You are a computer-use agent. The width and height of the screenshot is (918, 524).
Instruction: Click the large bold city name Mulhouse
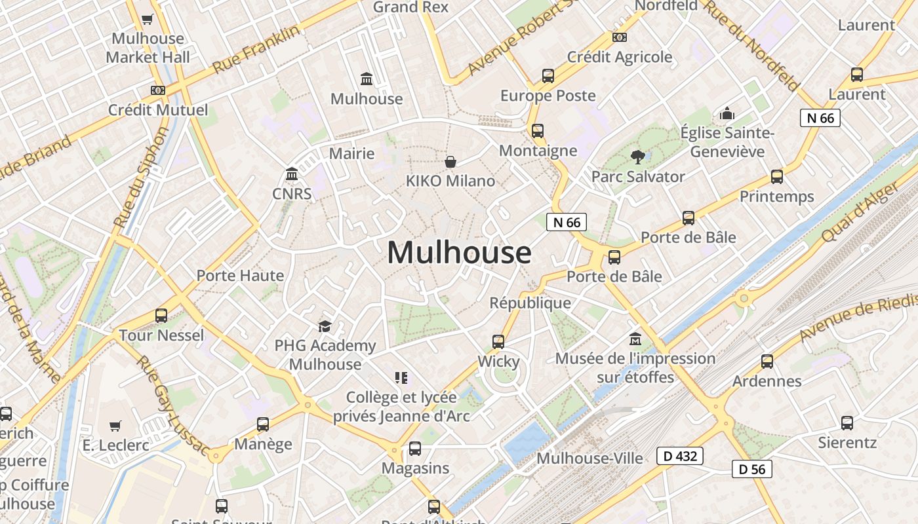point(459,252)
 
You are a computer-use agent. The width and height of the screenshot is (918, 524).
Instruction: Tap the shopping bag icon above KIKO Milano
point(450,161)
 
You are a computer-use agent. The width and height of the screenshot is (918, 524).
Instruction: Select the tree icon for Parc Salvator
point(637,157)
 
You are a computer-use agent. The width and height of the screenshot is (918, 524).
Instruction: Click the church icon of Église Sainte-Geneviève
point(727,114)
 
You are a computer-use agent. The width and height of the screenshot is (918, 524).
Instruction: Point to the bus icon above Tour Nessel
point(161,316)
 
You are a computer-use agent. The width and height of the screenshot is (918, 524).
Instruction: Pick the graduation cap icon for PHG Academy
point(325,326)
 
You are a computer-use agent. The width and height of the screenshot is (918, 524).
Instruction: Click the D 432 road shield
point(680,456)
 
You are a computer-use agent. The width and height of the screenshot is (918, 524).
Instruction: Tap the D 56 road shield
point(752,469)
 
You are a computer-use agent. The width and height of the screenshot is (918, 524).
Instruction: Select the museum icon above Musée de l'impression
point(635,339)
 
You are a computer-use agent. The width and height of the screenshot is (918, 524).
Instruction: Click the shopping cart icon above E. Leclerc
point(115,426)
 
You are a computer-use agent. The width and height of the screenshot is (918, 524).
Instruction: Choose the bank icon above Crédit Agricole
point(619,37)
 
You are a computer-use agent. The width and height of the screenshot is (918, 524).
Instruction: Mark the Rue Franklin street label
point(256,49)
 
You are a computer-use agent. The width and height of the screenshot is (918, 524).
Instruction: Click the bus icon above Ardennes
point(767,361)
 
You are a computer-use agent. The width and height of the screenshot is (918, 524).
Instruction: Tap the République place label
point(530,303)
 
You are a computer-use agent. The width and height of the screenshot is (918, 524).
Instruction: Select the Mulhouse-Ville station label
point(589,458)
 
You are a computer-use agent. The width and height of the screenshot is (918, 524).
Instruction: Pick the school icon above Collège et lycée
point(401,377)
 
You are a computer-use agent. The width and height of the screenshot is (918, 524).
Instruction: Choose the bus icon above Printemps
point(777,177)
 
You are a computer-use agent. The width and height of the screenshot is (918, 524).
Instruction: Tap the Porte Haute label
point(241,276)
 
